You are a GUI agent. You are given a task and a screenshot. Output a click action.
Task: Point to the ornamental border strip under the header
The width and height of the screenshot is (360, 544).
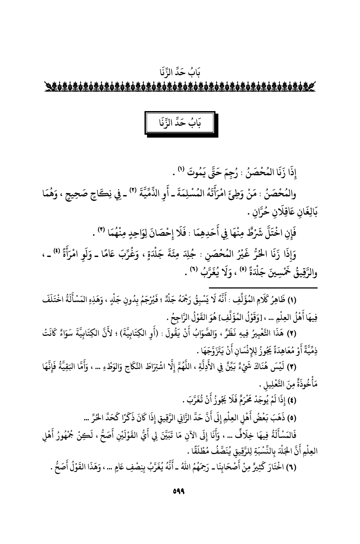click(180, 87)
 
